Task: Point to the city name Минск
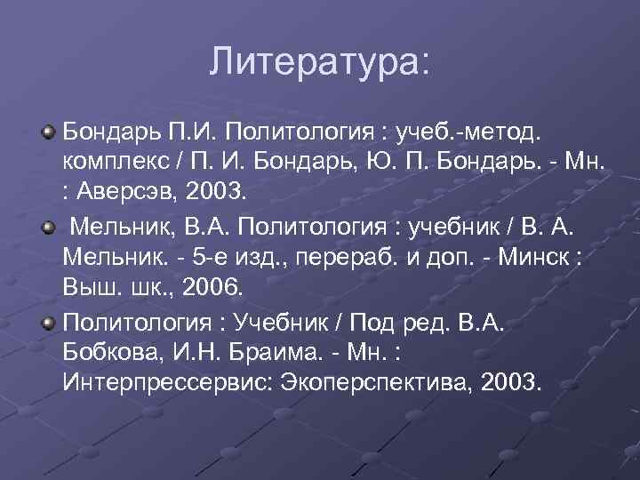529,259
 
